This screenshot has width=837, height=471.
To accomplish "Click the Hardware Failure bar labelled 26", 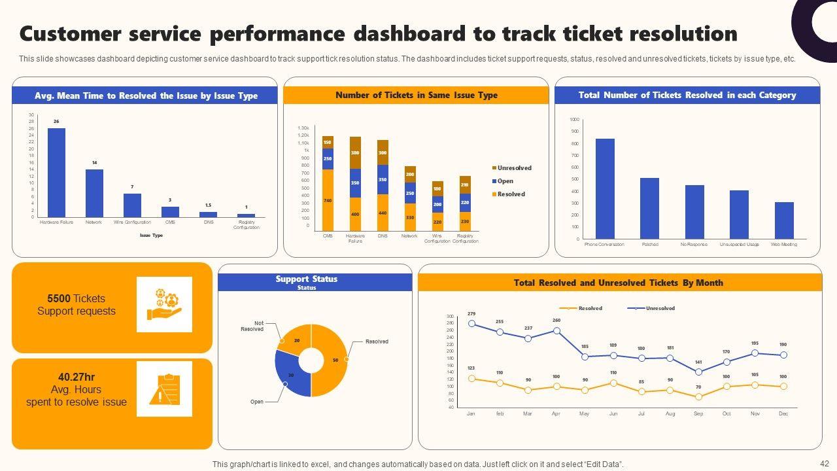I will pos(56,173).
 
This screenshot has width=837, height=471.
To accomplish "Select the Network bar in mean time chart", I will pos(94,193).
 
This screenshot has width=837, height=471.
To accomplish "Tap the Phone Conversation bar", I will pos(605,188).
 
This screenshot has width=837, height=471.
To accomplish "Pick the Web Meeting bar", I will pos(784,220).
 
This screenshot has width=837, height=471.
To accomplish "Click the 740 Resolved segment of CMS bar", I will pos(328,200).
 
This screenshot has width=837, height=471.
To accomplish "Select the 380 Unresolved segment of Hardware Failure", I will pos(355,152).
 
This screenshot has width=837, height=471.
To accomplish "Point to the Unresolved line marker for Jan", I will pos(471,323).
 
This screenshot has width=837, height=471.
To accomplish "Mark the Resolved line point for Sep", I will pos(698,396).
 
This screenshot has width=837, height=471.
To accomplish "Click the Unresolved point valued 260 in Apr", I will pos(556,330).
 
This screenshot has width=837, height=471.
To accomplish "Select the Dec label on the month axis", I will pos(783,414).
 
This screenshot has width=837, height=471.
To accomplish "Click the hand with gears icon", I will pos(164,304).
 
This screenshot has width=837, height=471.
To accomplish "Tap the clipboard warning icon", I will pos(164,389).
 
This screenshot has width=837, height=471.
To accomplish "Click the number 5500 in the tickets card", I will pos(59,298).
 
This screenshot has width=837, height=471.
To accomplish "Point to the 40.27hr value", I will pos(77,377).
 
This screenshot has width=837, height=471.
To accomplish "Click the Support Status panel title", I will pos(306,279).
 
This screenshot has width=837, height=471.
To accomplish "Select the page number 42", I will pos(824,462).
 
